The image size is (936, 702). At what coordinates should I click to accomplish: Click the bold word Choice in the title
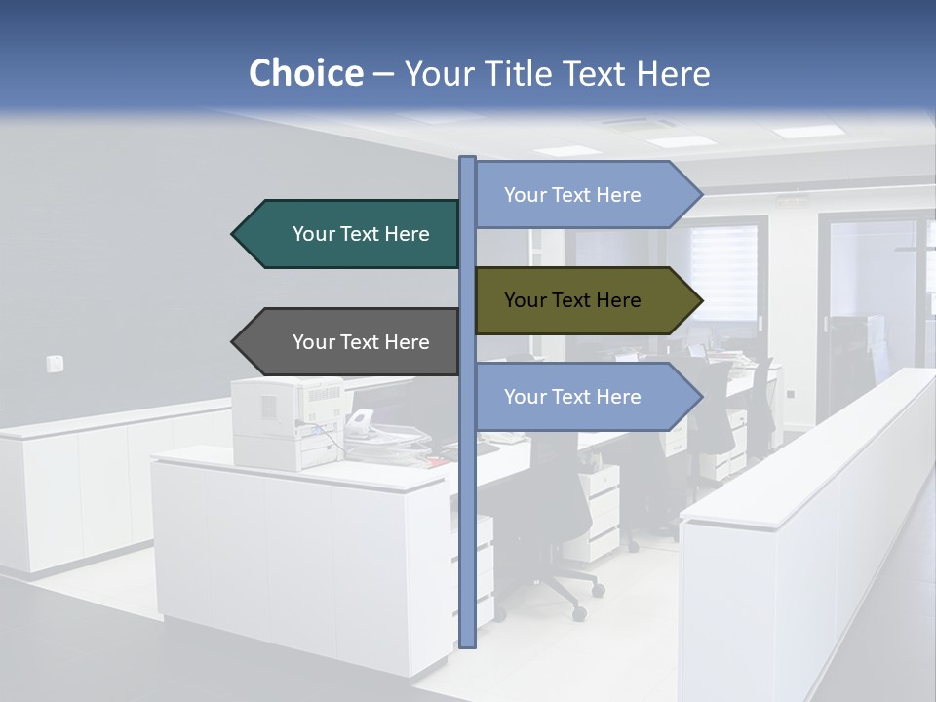pos(305,73)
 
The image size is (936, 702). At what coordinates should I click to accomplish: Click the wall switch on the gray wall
pos(56,364)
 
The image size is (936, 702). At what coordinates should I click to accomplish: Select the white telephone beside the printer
pos(361,422)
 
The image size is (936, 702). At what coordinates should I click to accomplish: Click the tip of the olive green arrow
pos(700,300)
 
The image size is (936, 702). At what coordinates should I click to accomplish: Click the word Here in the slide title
pos(674,73)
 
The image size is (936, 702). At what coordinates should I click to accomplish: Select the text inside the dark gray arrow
pos(361,342)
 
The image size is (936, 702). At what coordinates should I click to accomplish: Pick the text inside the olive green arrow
pos(572,300)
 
